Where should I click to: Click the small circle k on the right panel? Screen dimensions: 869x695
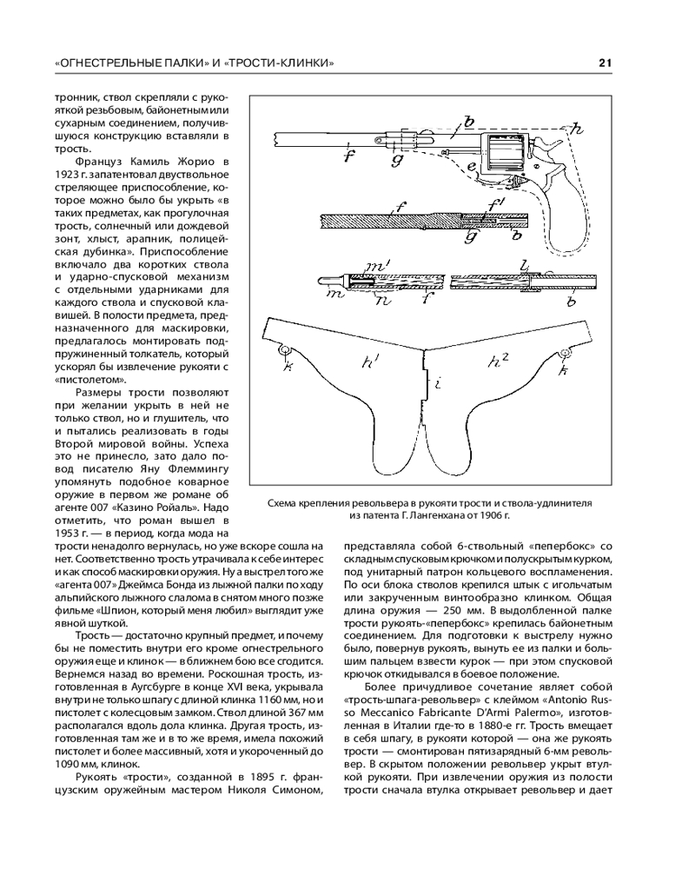566,353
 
